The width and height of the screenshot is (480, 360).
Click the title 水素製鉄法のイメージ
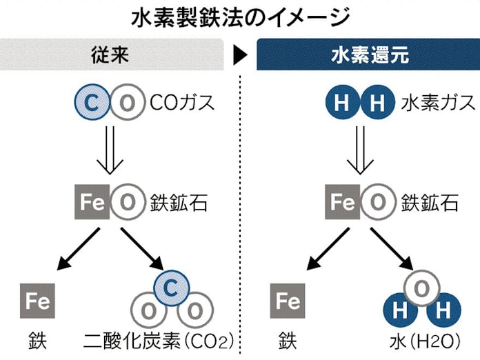[x=239, y=17]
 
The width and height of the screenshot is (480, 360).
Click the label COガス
[x=183, y=104]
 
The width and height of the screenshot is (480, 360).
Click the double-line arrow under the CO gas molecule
[x=109, y=152]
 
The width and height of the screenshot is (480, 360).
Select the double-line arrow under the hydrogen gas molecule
[x=359, y=152]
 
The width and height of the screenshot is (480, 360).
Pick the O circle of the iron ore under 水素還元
[x=377, y=203]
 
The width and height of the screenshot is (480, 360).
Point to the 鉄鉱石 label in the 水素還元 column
[x=430, y=203]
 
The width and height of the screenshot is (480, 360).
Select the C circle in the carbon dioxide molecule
[x=172, y=286]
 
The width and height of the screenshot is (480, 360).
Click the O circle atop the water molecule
[x=422, y=286]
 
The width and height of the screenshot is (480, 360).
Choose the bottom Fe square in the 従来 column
[x=37, y=301]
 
